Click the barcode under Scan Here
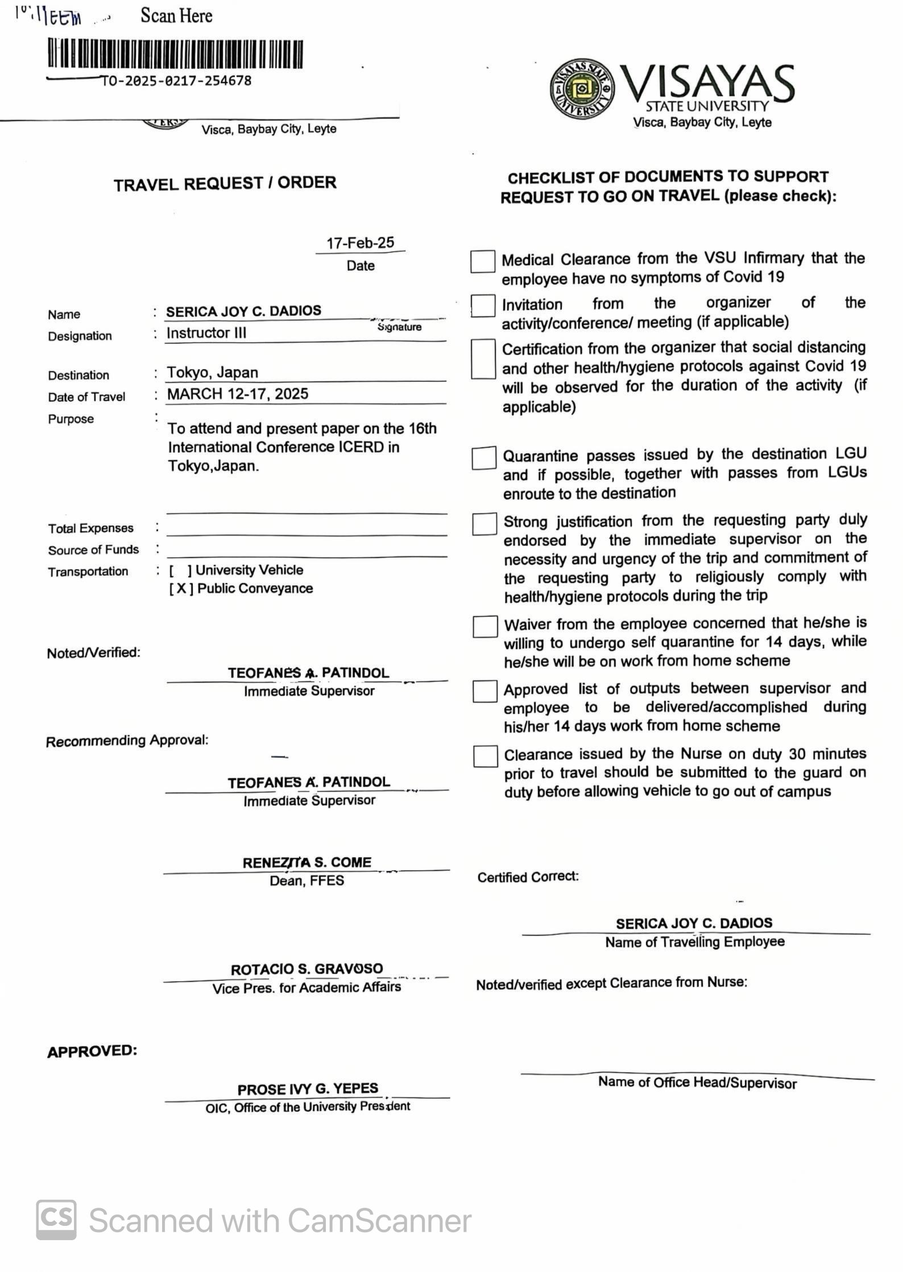[x=175, y=54]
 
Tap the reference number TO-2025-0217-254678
[x=176, y=81]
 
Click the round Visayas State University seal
[x=581, y=89]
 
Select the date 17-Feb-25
[x=360, y=243]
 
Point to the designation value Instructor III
[x=206, y=333]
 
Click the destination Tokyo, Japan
[x=213, y=373]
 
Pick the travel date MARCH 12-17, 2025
[x=238, y=394]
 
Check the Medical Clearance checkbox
[x=482, y=262]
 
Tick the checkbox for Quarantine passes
[x=483, y=458]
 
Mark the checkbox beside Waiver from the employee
[x=485, y=626]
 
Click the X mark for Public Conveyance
[x=181, y=589]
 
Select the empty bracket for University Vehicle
[x=180, y=571]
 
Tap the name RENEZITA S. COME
[x=306, y=862]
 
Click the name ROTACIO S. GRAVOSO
[x=306, y=969]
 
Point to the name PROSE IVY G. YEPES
[x=308, y=1089]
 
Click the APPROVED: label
[x=92, y=1051]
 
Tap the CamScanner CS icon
[x=56, y=1220]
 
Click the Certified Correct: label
[x=528, y=877]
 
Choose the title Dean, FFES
[x=306, y=881]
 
